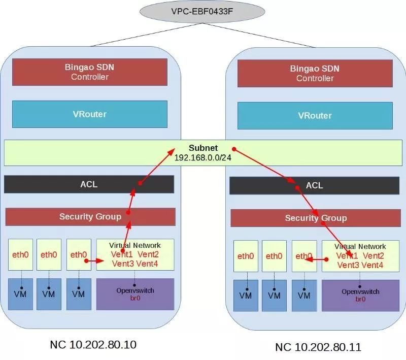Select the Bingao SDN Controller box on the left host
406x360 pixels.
click(89, 72)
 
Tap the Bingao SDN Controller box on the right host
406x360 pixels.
click(315, 73)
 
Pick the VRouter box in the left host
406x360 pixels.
click(89, 114)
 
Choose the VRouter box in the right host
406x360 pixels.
click(315, 115)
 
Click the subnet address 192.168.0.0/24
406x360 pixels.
click(202, 158)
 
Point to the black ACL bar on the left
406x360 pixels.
click(89, 184)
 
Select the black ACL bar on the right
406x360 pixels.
click(315, 186)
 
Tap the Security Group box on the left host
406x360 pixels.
click(90, 217)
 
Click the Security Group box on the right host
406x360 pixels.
click(316, 218)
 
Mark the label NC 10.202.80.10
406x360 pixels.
click(93, 345)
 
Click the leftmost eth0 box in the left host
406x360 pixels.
click(20, 255)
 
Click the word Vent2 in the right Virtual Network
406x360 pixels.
click(374, 256)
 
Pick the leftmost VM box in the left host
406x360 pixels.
click(20, 294)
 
